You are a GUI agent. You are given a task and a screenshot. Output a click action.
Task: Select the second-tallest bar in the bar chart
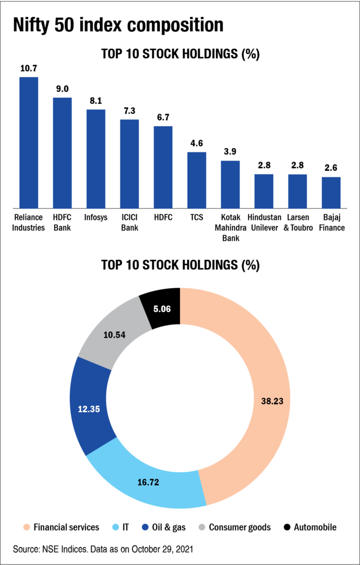click(x=62, y=153)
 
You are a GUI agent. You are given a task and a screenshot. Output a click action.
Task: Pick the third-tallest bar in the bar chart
click(x=96, y=159)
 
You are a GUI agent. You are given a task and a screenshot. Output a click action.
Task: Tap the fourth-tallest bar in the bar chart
click(x=129, y=164)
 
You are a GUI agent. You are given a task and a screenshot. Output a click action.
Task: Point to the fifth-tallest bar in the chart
click(x=163, y=167)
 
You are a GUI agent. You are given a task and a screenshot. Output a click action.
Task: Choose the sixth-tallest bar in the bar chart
click(x=197, y=180)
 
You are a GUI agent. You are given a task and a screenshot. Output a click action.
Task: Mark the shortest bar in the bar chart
click(x=331, y=192)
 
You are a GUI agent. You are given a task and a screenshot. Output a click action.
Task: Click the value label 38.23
click(x=272, y=401)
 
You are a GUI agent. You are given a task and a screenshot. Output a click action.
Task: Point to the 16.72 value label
click(x=148, y=483)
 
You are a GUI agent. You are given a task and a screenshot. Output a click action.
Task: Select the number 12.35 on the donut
click(x=89, y=409)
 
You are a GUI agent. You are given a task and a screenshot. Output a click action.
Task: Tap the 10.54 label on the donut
click(x=115, y=335)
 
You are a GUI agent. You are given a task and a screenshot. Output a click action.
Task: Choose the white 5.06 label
click(x=162, y=309)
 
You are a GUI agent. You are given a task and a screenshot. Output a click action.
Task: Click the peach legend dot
click(x=27, y=527)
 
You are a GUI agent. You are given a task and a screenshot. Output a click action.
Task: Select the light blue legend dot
click(x=116, y=527)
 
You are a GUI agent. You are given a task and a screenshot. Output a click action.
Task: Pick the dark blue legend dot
click(x=145, y=527)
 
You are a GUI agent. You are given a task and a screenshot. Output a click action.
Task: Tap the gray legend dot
click(x=202, y=527)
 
